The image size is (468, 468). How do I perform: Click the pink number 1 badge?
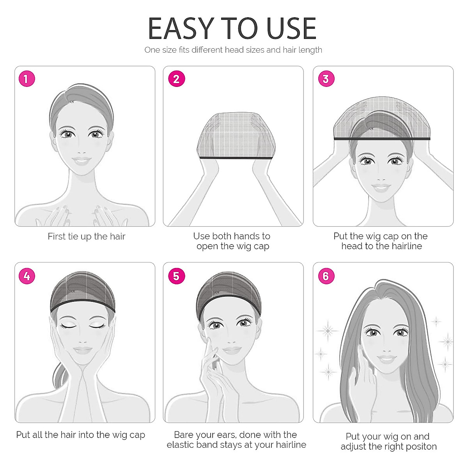click(27, 79)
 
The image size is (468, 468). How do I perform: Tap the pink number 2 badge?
click(176, 79)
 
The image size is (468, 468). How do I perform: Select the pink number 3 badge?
click(326, 79)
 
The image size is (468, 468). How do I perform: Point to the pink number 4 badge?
click(27, 276)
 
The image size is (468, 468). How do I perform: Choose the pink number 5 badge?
click(176, 276)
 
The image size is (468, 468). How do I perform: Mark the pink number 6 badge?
click(326, 276)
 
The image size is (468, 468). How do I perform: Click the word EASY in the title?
click(181, 29)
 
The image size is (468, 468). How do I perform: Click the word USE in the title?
click(291, 29)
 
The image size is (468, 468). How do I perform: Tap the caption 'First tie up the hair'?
click(86, 236)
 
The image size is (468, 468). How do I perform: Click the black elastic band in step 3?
click(382, 138)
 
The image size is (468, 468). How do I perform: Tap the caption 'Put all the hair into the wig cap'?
click(81, 434)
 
